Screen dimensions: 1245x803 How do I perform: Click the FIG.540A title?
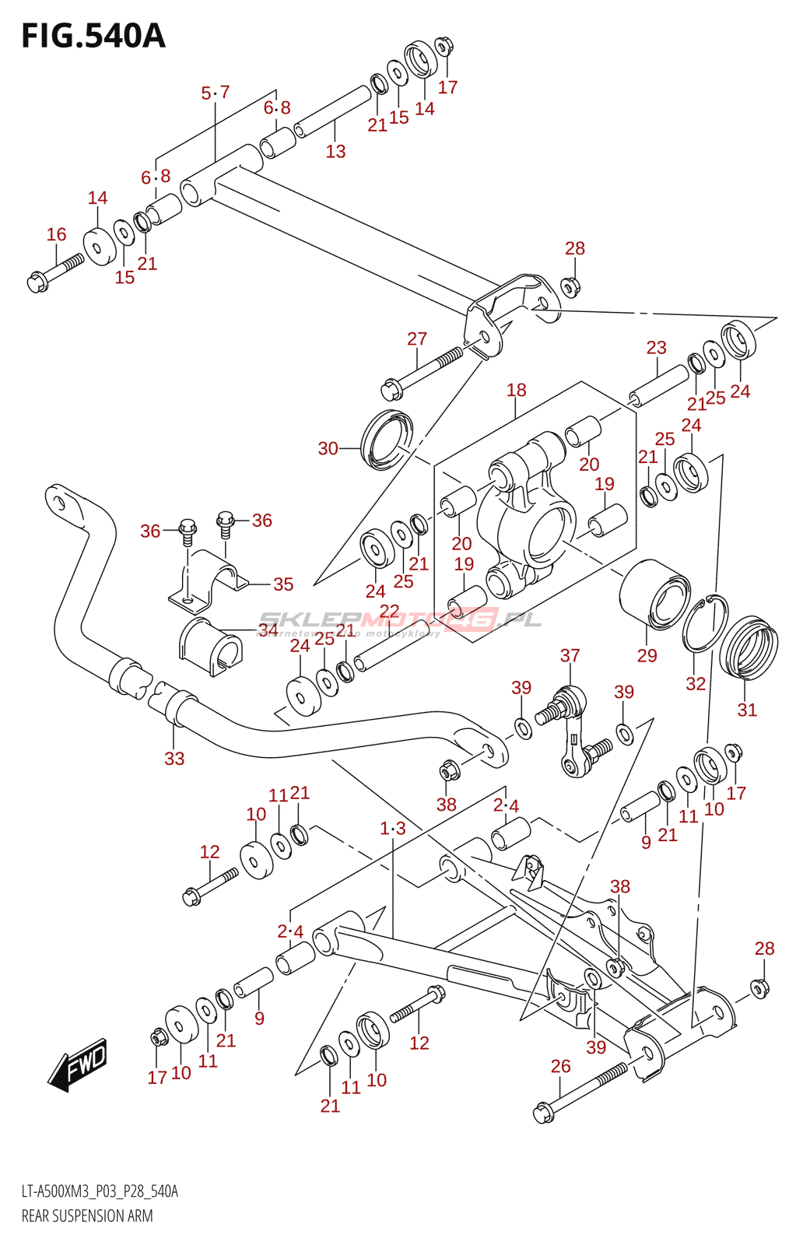pos(93,37)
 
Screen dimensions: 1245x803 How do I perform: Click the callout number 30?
pos(328,448)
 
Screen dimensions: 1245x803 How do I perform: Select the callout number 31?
pos(747,710)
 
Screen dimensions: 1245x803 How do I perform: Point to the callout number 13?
pos(335,151)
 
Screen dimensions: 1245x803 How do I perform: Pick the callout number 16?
pos(56,234)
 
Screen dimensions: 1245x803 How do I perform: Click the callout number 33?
pos(174,758)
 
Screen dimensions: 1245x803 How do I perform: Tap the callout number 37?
pos(570,655)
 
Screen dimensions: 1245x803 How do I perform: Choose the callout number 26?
pos(560,1066)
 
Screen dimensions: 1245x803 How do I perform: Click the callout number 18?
pos(516,390)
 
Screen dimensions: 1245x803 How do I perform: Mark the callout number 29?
pos(647,655)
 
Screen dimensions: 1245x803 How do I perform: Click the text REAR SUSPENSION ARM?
pos(87,1215)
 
